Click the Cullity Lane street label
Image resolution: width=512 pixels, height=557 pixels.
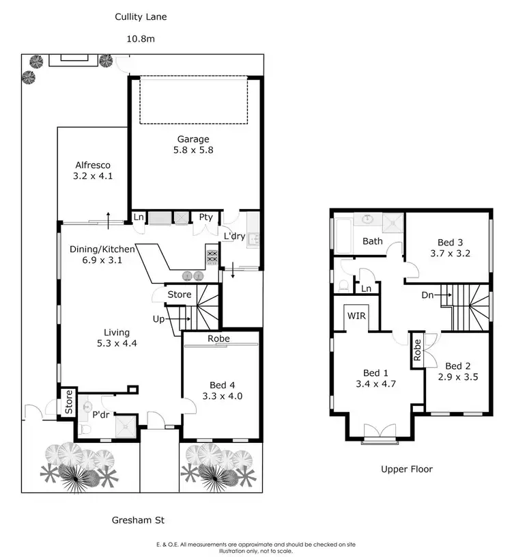click(x=141, y=16)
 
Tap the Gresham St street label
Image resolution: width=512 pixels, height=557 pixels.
click(x=141, y=520)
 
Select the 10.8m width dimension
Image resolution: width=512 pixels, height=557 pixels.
click(x=141, y=39)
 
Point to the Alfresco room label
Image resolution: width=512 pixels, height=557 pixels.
click(x=93, y=165)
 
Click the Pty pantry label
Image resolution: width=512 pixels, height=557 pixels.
click(x=206, y=217)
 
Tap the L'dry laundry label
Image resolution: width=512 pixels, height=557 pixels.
click(x=234, y=236)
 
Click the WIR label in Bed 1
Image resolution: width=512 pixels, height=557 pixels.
click(x=356, y=316)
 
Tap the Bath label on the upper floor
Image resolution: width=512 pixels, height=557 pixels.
click(x=372, y=241)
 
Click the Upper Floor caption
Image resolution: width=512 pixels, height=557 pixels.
click(x=408, y=469)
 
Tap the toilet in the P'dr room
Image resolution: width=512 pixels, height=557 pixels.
click(x=85, y=428)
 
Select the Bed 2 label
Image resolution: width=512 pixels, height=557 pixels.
click(x=457, y=366)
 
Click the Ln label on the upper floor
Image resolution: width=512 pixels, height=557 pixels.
click(x=366, y=288)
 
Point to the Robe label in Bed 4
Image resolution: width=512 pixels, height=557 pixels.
click(x=219, y=338)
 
